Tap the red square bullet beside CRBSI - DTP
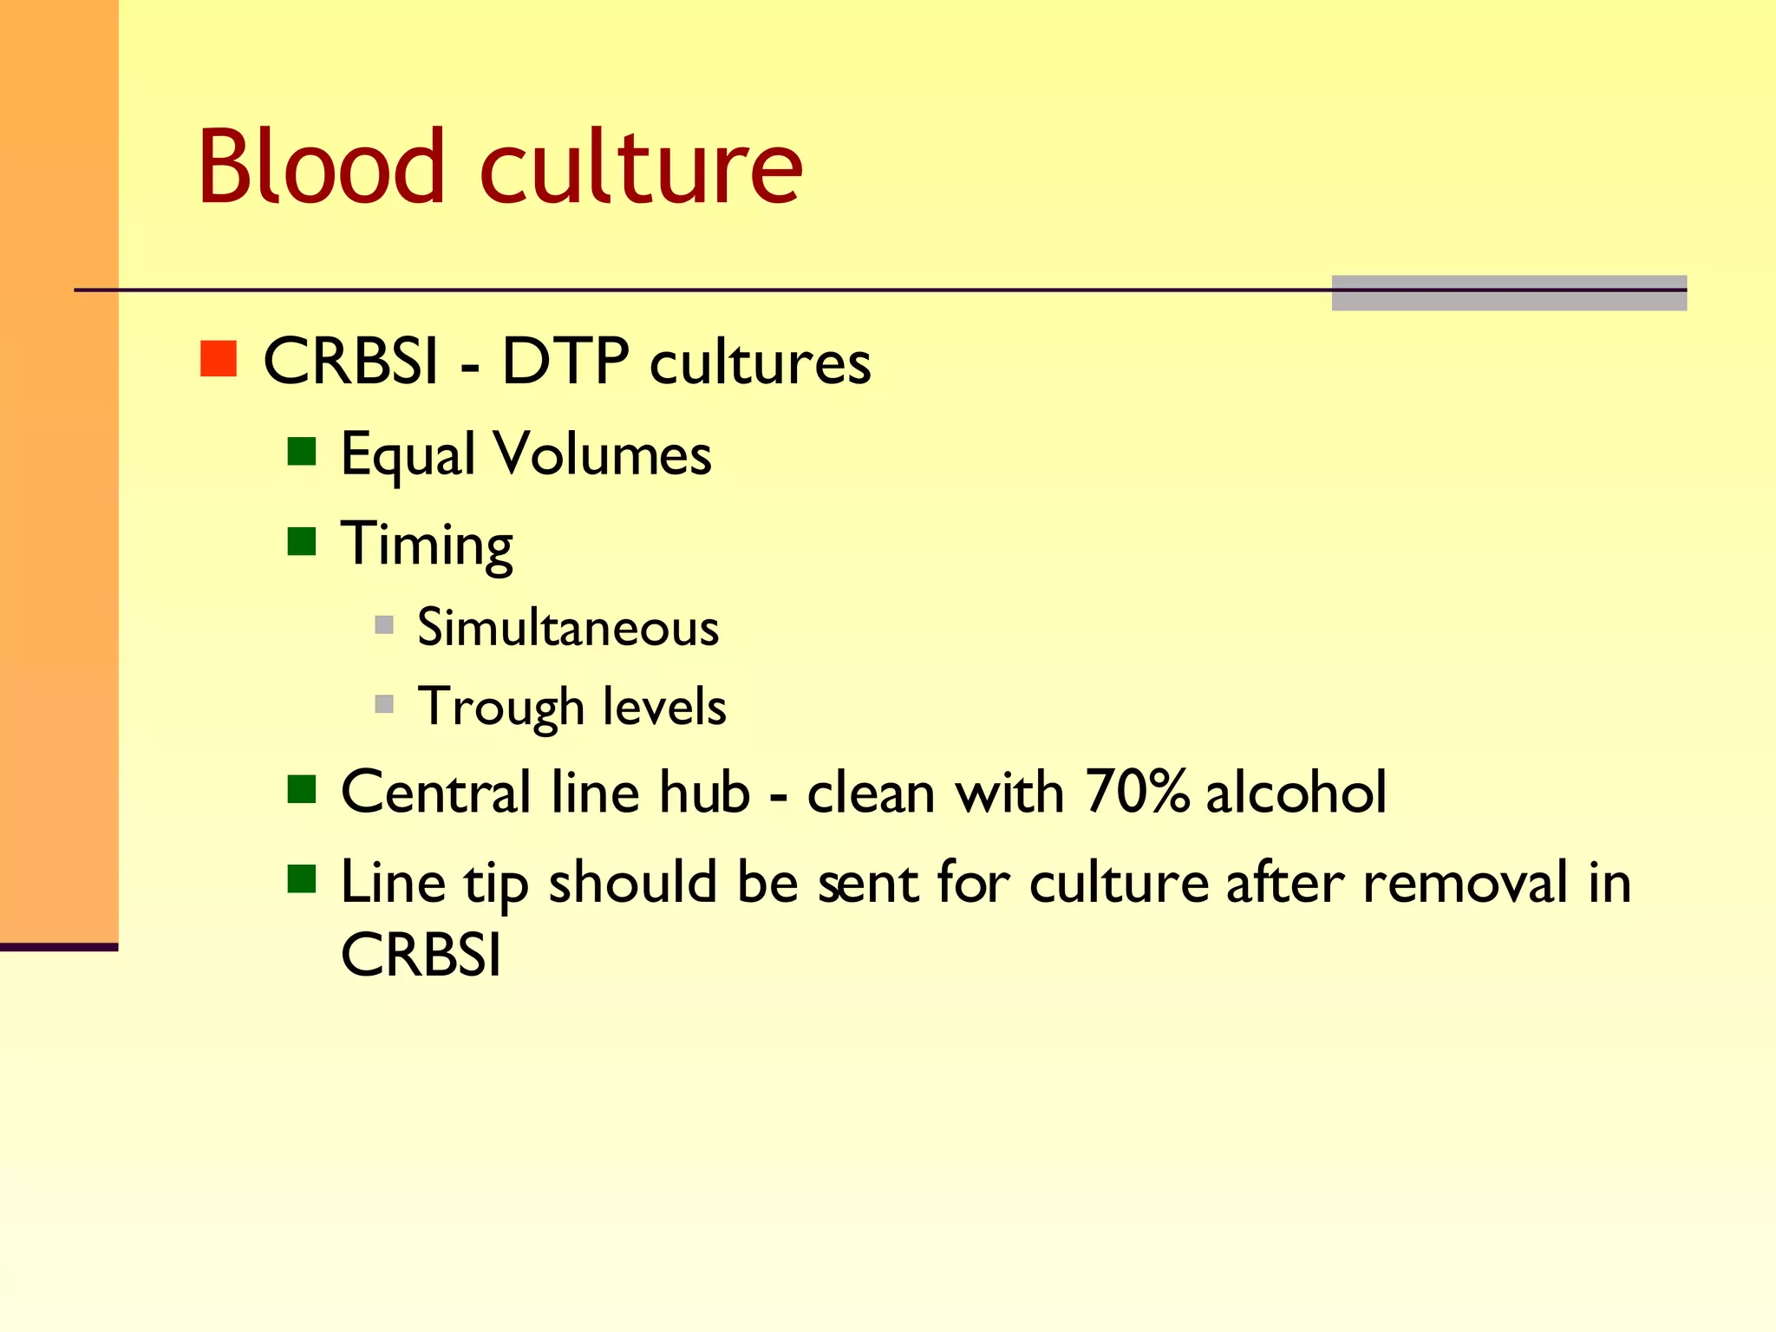[219, 358]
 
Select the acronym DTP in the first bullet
[565, 361]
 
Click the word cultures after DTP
[760, 362]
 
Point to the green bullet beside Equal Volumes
[302, 451]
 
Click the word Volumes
[602, 454]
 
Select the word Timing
[427, 545]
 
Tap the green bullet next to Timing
[302, 541]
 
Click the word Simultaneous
[568, 627]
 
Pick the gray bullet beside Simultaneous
[384, 624]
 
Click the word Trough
[500, 707]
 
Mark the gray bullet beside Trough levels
[384, 703]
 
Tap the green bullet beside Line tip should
[302, 879]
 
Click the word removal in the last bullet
[1465, 883]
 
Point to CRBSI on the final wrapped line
[421, 956]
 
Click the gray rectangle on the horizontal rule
[1509, 293]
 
